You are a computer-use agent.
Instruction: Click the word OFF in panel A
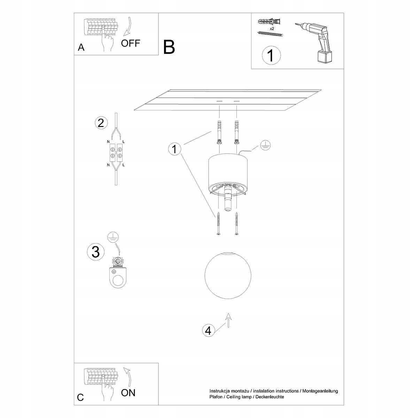pos(131,43)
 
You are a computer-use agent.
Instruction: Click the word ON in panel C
pos(128,393)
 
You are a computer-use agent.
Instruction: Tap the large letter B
pos(169,47)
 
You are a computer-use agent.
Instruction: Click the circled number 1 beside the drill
pos(271,55)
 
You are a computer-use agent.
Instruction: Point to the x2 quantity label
pos(271,28)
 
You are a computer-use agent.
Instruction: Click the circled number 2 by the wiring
pos(101,123)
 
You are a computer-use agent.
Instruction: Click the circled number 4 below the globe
pos(208,330)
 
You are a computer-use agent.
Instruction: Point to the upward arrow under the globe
pos(228,319)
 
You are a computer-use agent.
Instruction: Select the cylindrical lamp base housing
pos(228,172)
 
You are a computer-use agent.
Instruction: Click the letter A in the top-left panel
pos(81,47)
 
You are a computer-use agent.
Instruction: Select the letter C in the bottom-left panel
pos(80,397)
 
